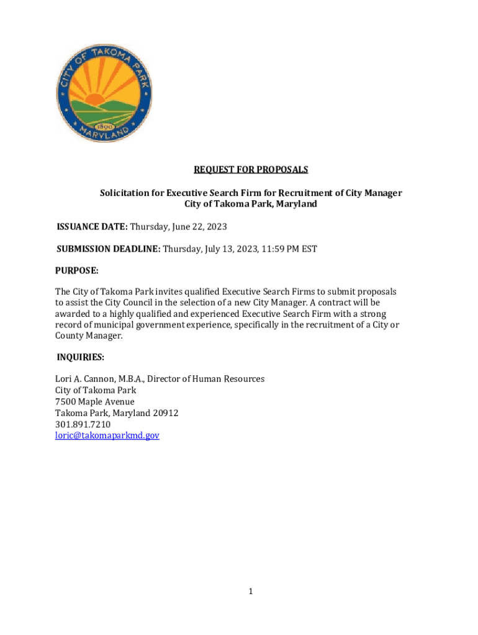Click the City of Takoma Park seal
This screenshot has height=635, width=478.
click(104, 94)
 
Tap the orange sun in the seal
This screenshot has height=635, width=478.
click(96, 99)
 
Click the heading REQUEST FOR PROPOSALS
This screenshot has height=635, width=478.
click(251, 169)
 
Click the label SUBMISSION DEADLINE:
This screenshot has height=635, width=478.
click(109, 249)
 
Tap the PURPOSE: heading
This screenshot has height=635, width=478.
click(77, 271)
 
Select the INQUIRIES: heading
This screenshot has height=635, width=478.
click(80, 357)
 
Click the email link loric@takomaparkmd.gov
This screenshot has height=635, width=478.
click(107, 436)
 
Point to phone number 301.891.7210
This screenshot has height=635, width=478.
click(83, 424)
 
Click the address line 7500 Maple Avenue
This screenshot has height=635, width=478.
click(94, 402)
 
